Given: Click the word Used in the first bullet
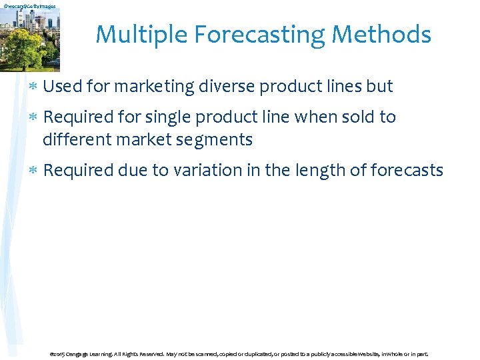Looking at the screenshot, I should [x=61, y=87].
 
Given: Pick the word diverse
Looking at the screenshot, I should [x=228, y=87].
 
